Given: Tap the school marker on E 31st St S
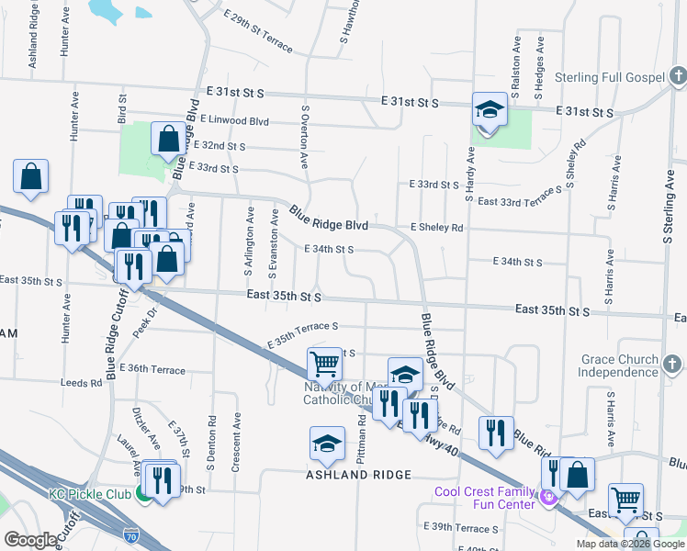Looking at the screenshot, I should tap(490, 111).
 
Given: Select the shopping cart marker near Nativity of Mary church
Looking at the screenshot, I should tap(325, 365).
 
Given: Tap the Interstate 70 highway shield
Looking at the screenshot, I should tap(132, 533).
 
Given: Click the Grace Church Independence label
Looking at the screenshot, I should tap(618, 365).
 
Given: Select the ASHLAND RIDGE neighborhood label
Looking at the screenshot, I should tap(359, 475).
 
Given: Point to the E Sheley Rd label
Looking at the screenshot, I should tap(437, 227).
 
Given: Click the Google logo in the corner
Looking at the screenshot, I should tap(30, 539).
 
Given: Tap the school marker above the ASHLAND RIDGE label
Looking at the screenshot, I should tap(327, 444).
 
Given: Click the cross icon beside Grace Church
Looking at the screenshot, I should tap(672, 365).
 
